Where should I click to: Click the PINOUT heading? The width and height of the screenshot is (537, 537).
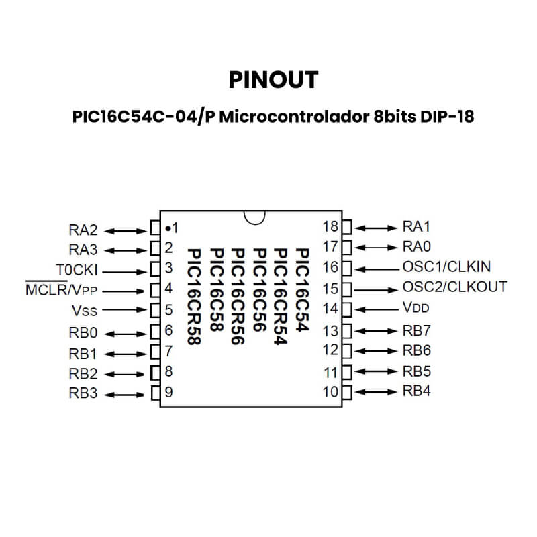[273, 80]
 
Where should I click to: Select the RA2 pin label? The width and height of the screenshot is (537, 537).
[83, 230]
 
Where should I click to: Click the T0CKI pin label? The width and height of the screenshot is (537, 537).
[77, 270]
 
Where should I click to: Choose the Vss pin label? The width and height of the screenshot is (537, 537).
[84, 311]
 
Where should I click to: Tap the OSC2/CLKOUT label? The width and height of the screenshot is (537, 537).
[454, 287]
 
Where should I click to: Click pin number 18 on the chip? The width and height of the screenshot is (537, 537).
[330, 226]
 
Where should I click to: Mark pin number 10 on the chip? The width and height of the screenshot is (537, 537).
[330, 391]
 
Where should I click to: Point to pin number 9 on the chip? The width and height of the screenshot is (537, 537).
[169, 393]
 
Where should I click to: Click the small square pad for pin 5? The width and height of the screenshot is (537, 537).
[154, 311]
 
